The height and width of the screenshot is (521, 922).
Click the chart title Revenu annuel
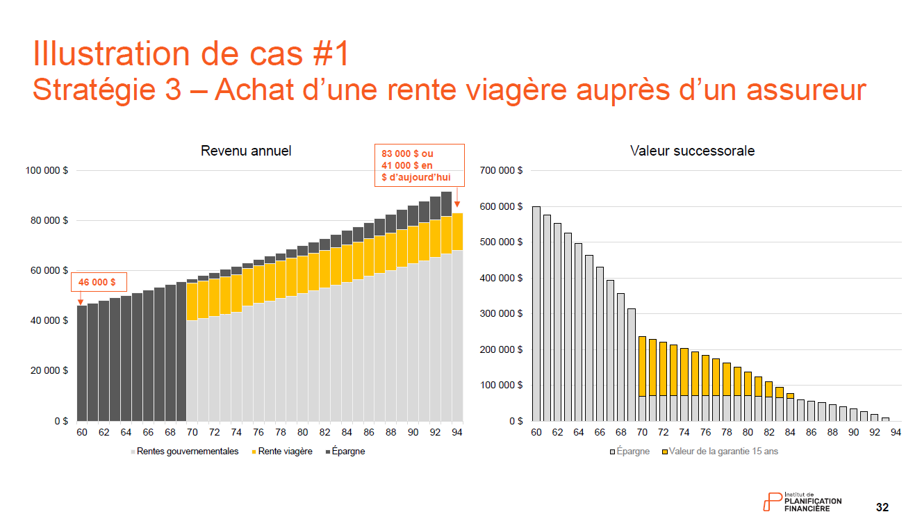coord(246,151)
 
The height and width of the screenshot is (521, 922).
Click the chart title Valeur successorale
coord(692,151)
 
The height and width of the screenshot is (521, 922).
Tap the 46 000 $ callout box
coord(97,283)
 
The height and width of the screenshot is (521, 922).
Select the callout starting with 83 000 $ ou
coord(418,165)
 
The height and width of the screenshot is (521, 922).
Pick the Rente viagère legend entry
coord(281,452)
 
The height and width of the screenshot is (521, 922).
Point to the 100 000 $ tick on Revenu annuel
coord(48,171)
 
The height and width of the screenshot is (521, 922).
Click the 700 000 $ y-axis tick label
coord(500,171)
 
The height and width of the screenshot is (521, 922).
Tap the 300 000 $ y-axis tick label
coord(500,314)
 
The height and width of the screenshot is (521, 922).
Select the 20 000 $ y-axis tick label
coord(50,371)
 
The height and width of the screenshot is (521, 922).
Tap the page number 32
coord(882,507)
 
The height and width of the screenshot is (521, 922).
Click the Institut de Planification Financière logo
coord(802,502)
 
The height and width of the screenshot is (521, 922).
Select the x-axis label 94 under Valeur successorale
coord(896,432)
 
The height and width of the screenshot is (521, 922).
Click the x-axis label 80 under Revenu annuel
coord(303,432)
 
